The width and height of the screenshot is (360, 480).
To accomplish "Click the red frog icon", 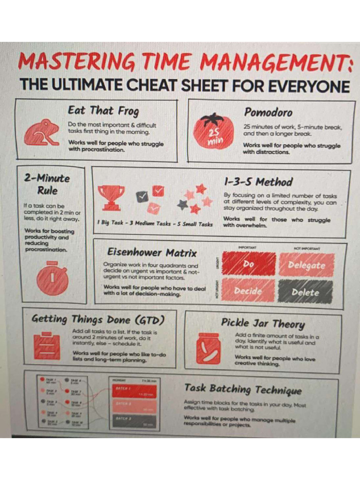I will [42, 133].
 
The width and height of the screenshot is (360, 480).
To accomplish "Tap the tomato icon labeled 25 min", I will [213, 132].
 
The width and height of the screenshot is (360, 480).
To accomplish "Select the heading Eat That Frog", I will [104, 111].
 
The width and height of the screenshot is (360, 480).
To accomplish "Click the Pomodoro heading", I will [268, 112].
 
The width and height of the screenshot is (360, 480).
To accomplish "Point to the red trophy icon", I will [111, 197].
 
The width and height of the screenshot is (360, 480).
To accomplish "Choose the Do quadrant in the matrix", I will [248, 264].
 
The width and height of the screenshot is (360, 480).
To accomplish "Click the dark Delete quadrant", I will [305, 292].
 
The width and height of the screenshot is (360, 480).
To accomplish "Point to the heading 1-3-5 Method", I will [258, 182].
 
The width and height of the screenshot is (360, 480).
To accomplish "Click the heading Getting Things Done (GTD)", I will [98, 320].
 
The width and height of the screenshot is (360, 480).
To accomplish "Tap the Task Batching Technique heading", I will [243, 389].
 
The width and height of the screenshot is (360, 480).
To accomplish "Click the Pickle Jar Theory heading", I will [262, 323].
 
